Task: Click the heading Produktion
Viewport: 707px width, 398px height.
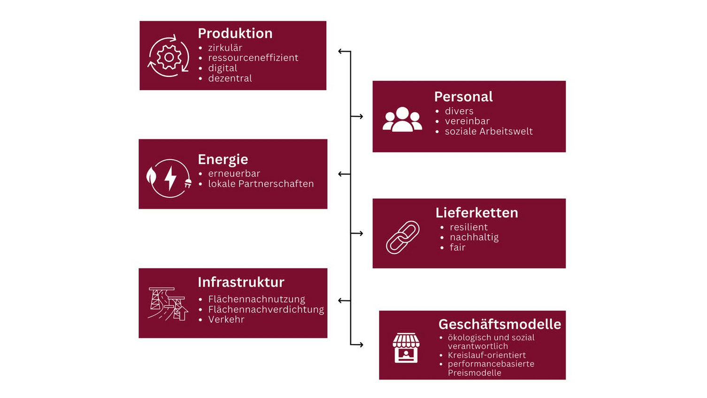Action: click(235, 33)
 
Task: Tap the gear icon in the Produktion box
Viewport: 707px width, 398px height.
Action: click(169, 57)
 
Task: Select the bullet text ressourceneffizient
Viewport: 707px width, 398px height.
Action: click(253, 58)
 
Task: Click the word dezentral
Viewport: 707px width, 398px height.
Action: click(230, 78)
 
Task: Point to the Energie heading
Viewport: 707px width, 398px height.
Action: click(223, 160)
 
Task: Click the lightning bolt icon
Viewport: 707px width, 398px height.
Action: click(170, 178)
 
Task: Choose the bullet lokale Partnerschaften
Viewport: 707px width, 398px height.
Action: click(261, 184)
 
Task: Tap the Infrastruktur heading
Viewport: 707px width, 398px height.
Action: click(241, 282)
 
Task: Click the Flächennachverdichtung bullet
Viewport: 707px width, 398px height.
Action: click(266, 309)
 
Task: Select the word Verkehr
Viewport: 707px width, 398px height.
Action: click(226, 320)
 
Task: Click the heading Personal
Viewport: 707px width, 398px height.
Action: click(463, 97)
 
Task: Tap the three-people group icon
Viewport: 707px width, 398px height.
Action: click(402, 120)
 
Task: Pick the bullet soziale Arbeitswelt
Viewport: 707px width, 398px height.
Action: click(489, 131)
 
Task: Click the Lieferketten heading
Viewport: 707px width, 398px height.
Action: click(476, 213)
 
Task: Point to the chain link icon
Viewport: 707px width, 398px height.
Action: click(403, 237)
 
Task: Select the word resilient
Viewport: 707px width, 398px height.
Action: click(469, 227)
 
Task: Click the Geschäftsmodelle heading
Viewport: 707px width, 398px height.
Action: click(500, 324)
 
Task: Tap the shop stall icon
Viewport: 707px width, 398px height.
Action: click(406, 348)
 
